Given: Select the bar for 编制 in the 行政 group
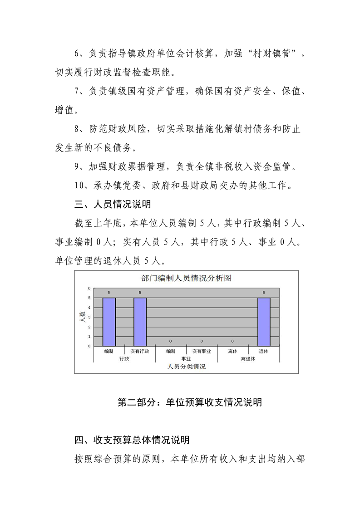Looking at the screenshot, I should pyautogui.click(x=109, y=322).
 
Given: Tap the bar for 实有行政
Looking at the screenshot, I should pyautogui.click(x=140, y=322).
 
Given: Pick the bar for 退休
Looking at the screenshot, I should pyautogui.click(x=264, y=322).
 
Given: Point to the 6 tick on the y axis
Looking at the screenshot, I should pyautogui.click(x=89, y=288).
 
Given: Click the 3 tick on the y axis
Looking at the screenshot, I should pyautogui.click(x=89, y=317).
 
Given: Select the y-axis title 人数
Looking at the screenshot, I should pyautogui.click(x=82, y=317).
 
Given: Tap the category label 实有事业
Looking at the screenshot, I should pyautogui.click(x=202, y=351).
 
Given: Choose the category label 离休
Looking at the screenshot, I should pyautogui.click(x=232, y=351).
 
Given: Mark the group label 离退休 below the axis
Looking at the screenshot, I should pyautogui.click(x=248, y=358).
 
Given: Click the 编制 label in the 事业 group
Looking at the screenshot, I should pyautogui.click(x=171, y=351).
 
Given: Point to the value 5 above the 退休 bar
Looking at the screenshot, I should pyautogui.click(x=264, y=293).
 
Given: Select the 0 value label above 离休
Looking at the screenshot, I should pyautogui.click(x=232, y=341).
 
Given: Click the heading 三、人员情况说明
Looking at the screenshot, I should pyautogui.click(x=113, y=204).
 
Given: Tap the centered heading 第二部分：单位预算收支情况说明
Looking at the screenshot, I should pyautogui.click(x=189, y=402).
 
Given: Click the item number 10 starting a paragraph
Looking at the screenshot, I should pyautogui.click(x=79, y=186).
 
